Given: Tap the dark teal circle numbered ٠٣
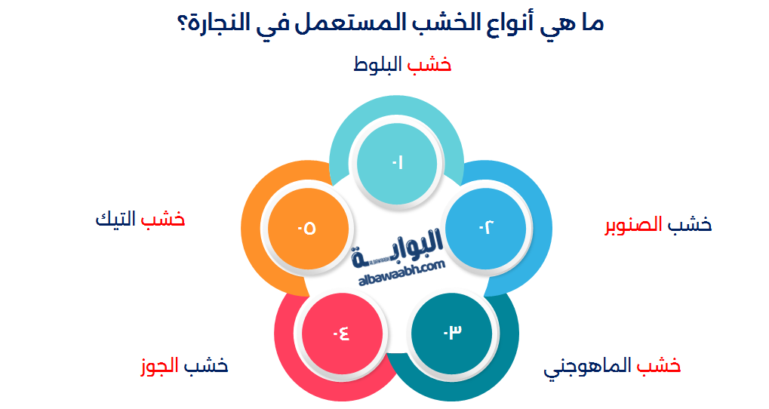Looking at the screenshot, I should point(452,331).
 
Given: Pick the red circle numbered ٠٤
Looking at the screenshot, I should point(341,332).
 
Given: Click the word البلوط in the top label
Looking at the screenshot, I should point(378,65).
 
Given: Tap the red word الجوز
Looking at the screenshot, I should point(158,366).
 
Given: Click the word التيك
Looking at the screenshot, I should point(115,220).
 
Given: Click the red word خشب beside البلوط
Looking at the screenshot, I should point(429,65).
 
